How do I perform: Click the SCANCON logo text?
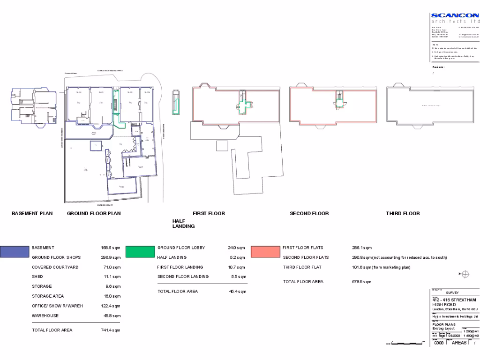(455, 15)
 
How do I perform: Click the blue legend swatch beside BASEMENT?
(15, 252)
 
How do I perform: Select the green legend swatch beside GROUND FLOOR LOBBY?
(140, 252)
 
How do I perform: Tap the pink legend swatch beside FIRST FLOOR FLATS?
(265, 252)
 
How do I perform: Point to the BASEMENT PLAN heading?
(32, 214)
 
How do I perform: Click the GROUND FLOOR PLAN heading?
(94, 214)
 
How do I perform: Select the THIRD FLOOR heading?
(403, 214)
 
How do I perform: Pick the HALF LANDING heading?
(183, 223)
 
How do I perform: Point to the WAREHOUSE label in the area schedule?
(45, 316)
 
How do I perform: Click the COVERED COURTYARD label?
(55, 267)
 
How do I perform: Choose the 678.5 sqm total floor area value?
(361, 282)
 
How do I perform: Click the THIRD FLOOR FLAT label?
(302, 267)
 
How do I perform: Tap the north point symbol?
(465, 274)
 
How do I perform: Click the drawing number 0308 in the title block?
(439, 343)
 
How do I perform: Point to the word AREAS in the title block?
(459, 343)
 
